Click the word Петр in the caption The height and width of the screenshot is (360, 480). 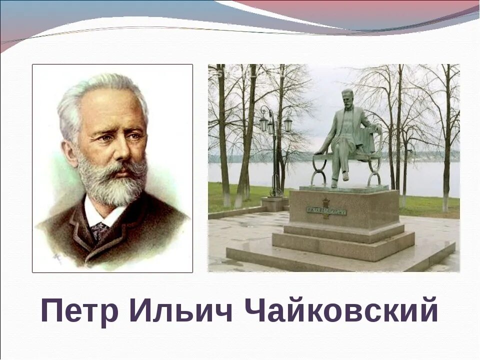click(79, 310)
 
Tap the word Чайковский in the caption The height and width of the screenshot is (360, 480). click(341, 310)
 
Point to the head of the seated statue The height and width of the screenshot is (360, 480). click(347, 96)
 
